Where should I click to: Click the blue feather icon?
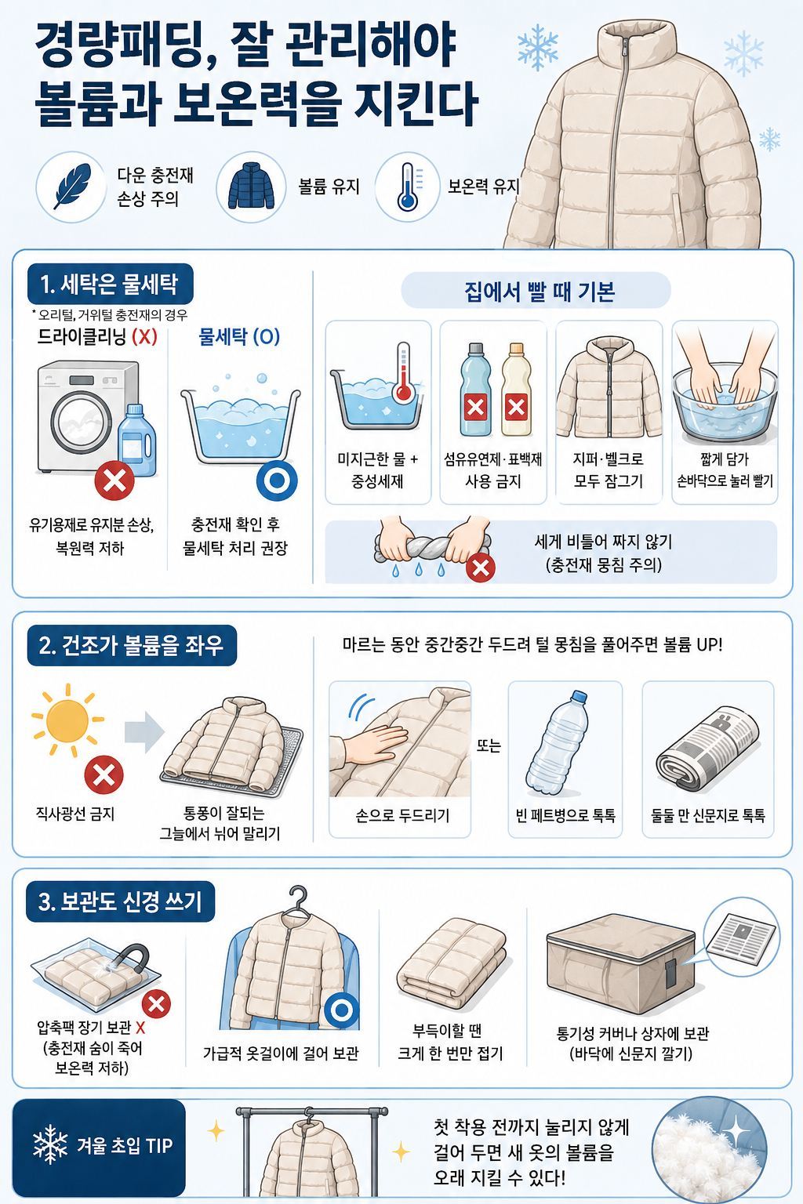[x=71, y=187]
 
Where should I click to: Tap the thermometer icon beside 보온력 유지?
[x=409, y=187]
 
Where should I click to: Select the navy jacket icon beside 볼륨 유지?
[x=251, y=187]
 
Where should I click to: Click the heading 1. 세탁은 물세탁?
[x=109, y=284]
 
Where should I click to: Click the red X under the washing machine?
[x=114, y=480]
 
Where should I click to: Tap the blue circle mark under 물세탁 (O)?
[x=277, y=480]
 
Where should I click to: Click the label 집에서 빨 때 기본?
[x=540, y=291]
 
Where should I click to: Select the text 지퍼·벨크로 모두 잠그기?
[x=609, y=470]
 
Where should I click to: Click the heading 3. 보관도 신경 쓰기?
[x=120, y=901]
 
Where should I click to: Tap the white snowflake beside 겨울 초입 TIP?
[x=50, y=1144]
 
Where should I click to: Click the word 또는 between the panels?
[x=489, y=745]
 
